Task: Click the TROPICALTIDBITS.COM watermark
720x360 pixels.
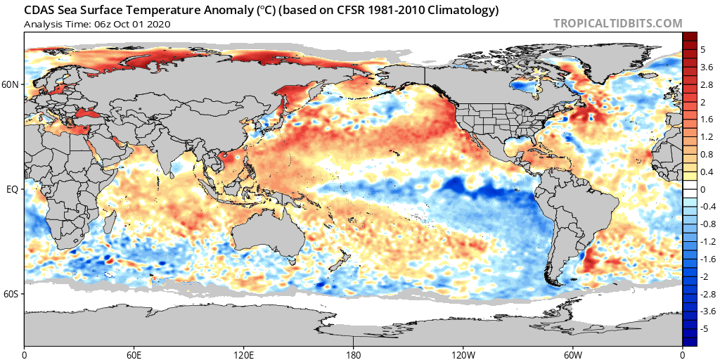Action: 617,23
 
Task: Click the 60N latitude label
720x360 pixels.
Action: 12,84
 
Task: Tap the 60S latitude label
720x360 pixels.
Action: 12,295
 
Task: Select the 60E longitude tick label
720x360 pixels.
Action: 134,354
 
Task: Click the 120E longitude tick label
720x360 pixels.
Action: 244,354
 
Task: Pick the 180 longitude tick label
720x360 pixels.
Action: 354,354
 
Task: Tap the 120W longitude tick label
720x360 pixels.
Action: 463,354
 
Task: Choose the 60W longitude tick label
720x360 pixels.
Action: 573,354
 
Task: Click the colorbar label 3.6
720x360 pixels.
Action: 707,67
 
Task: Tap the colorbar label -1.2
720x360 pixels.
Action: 707,241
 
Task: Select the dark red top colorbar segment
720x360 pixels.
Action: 689,37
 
